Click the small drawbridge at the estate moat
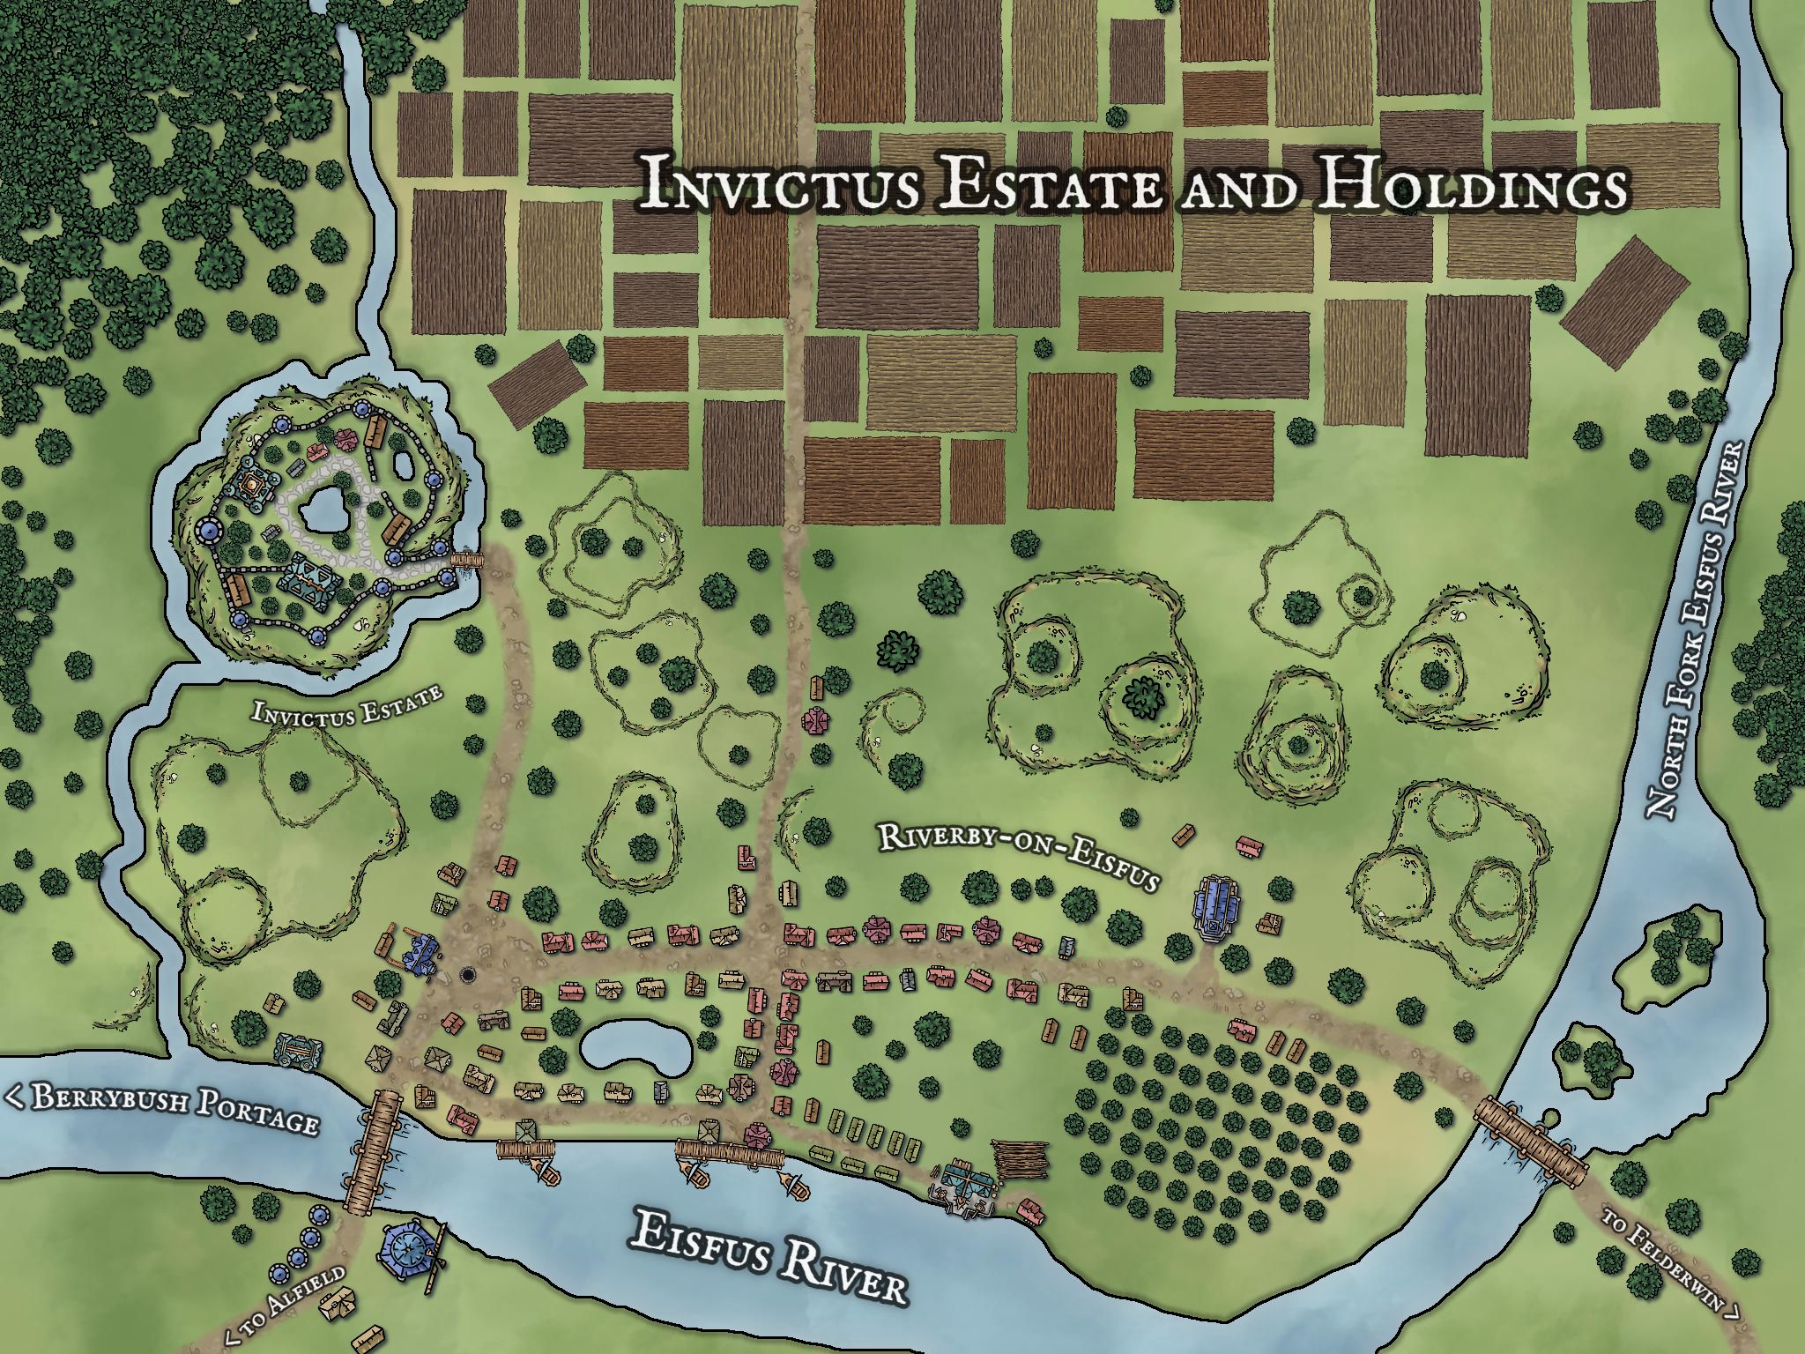pyautogui.click(x=467, y=559)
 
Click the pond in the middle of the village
pyautogui.click(x=628, y=1048)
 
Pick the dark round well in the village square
pyautogui.click(x=467, y=975)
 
